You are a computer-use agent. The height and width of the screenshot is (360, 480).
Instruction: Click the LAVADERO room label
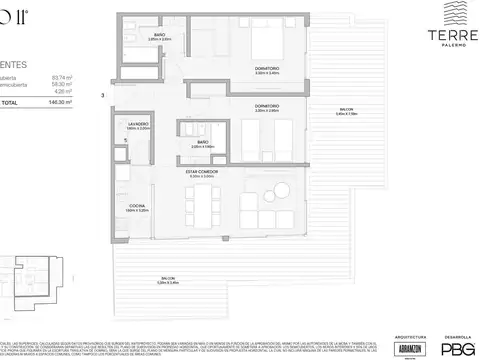click(138, 125)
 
